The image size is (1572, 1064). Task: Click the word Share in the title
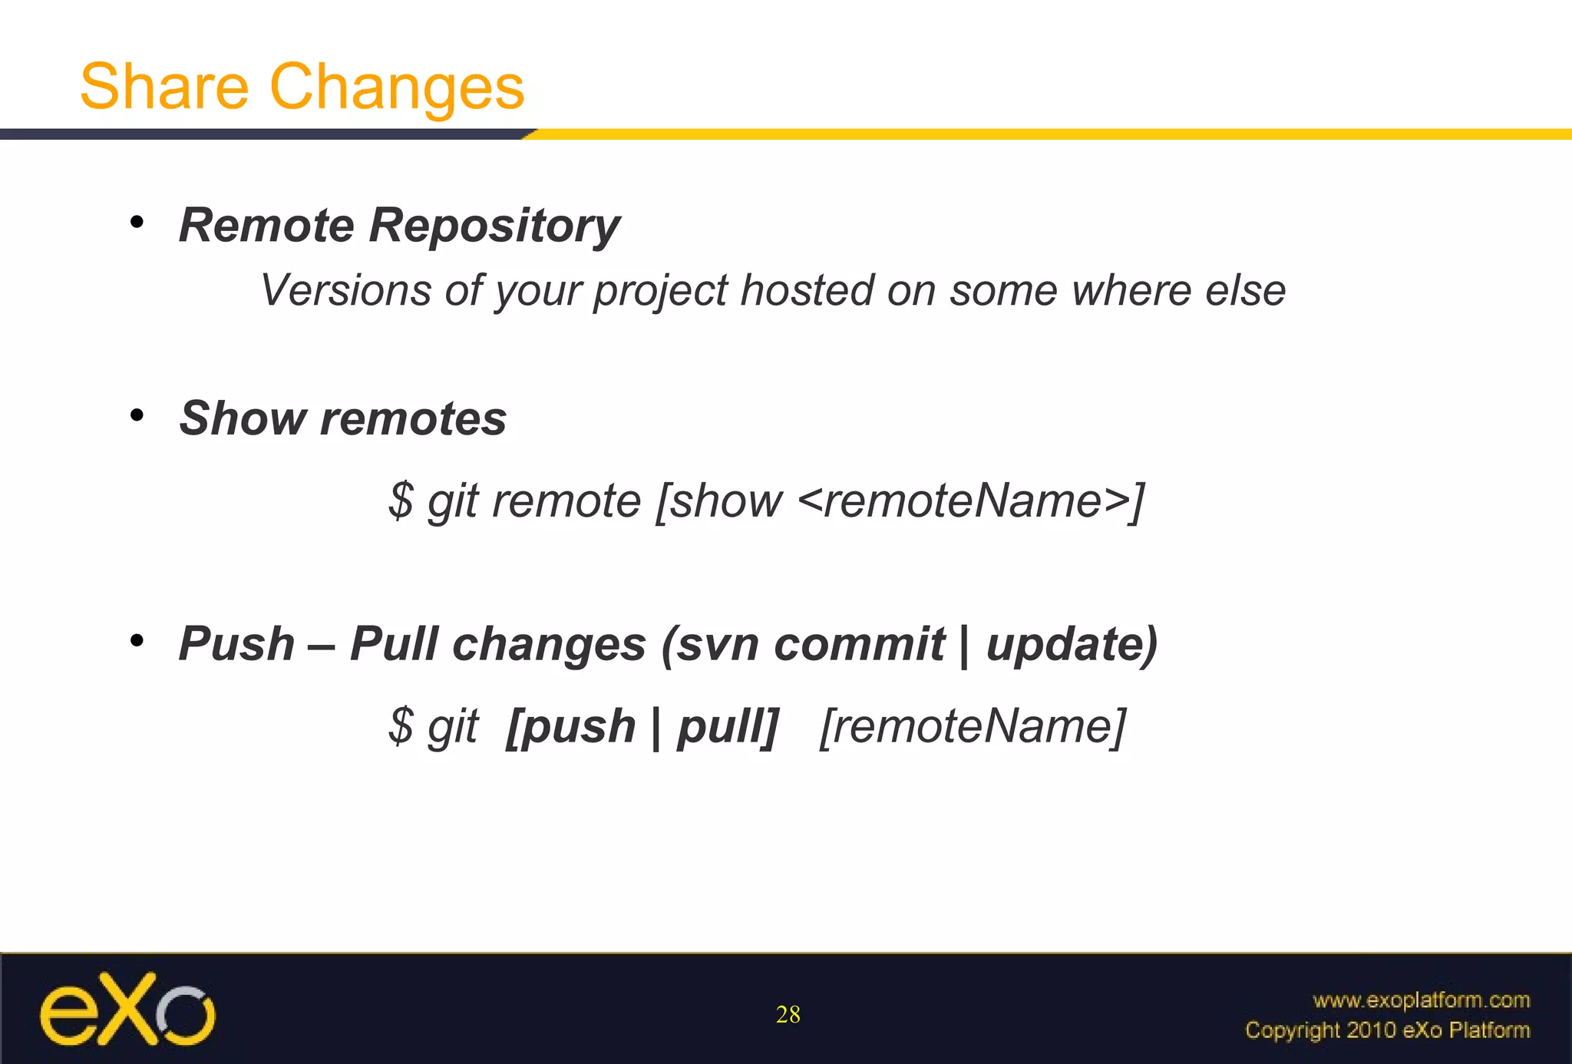point(164,87)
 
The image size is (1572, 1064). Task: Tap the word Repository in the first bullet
point(494,226)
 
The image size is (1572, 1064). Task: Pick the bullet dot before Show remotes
point(137,416)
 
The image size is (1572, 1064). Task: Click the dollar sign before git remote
point(401,501)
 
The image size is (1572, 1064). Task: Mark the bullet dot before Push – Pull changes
point(137,640)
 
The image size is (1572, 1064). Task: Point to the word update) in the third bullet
point(1072,644)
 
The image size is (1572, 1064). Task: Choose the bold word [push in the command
point(571,726)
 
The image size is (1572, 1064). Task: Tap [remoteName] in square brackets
point(973,726)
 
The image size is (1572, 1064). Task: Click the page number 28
point(788,1015)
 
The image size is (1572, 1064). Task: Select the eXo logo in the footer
point(127,1009)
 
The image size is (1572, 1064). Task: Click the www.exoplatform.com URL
point(1421,1000)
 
